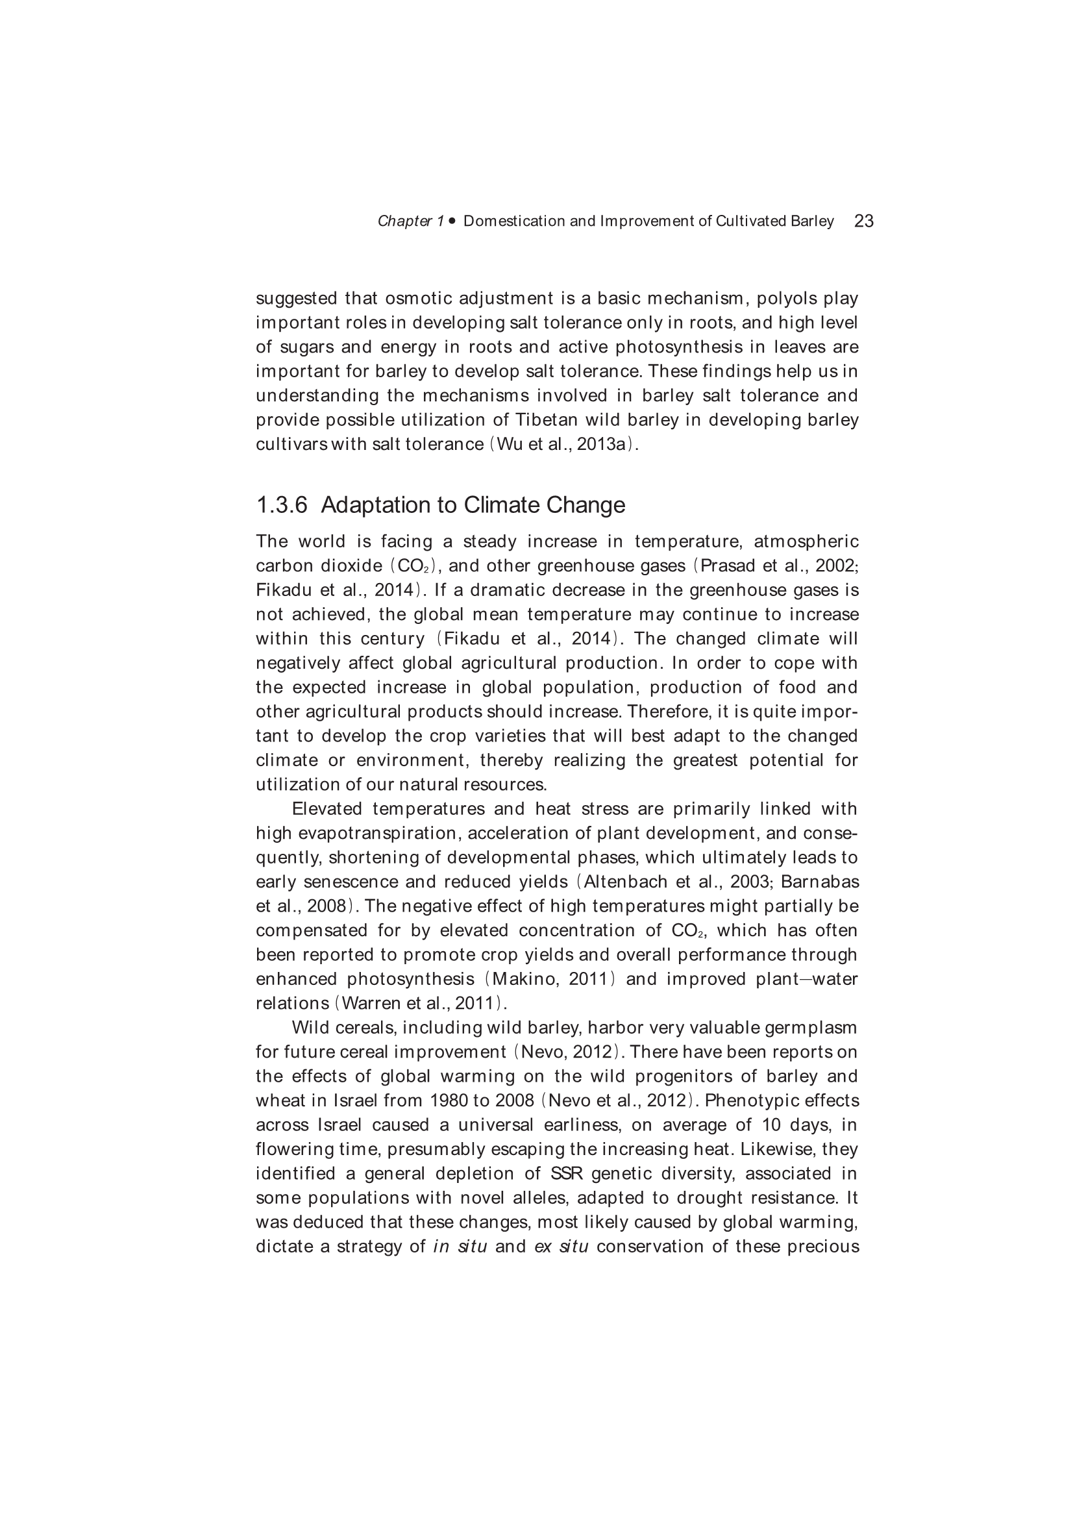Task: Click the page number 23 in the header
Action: tap(863, 221)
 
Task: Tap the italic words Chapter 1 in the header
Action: tap(410, 221)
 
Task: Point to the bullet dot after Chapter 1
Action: tap(452, 221)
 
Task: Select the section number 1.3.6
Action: tap(282, 505)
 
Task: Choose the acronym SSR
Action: tap(566, 1173)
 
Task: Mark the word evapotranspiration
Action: tap(378, 833)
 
